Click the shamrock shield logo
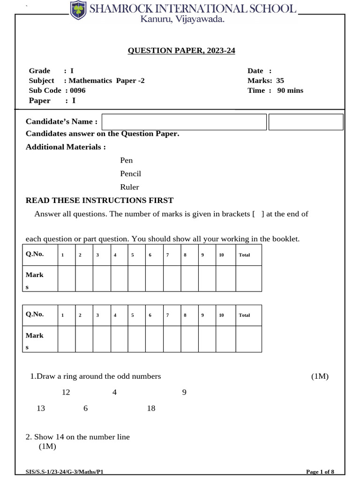pos(78,11)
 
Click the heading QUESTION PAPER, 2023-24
pos(181,51)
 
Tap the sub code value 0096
pos(78,90)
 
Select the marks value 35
pos(280,81)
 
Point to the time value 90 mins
pos(290,90)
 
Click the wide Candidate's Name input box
pos(184,122)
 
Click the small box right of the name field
pos(306,122)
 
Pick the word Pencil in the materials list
pos(130,173)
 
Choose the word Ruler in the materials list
pos(129,187)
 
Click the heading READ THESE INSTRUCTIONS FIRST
pos(99,201)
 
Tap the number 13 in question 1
pos(41,408)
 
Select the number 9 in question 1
pos(184,392)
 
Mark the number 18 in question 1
pos(151,408)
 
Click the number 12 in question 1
pos(66,392)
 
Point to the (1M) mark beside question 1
pos(320,376)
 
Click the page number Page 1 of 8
pos(320,472)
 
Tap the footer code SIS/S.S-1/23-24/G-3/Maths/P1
pos(64,472)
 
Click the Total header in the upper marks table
pos(245,255)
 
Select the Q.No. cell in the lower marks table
pos(35,315)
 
